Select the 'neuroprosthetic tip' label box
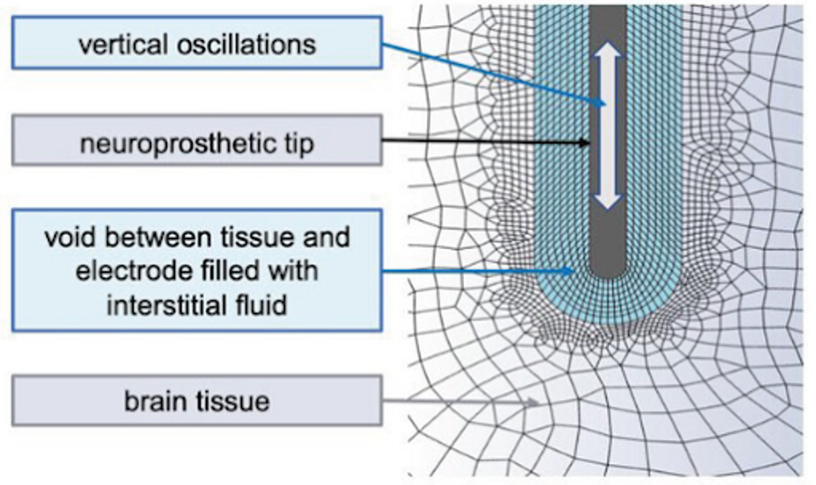point(196,141)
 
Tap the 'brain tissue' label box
point(196,400)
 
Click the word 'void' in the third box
point(68,237)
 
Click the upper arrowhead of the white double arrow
point(608,55)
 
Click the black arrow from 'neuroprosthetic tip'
point(484,142)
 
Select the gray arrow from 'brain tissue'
point(459,400)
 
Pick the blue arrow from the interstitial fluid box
point(476,272)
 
